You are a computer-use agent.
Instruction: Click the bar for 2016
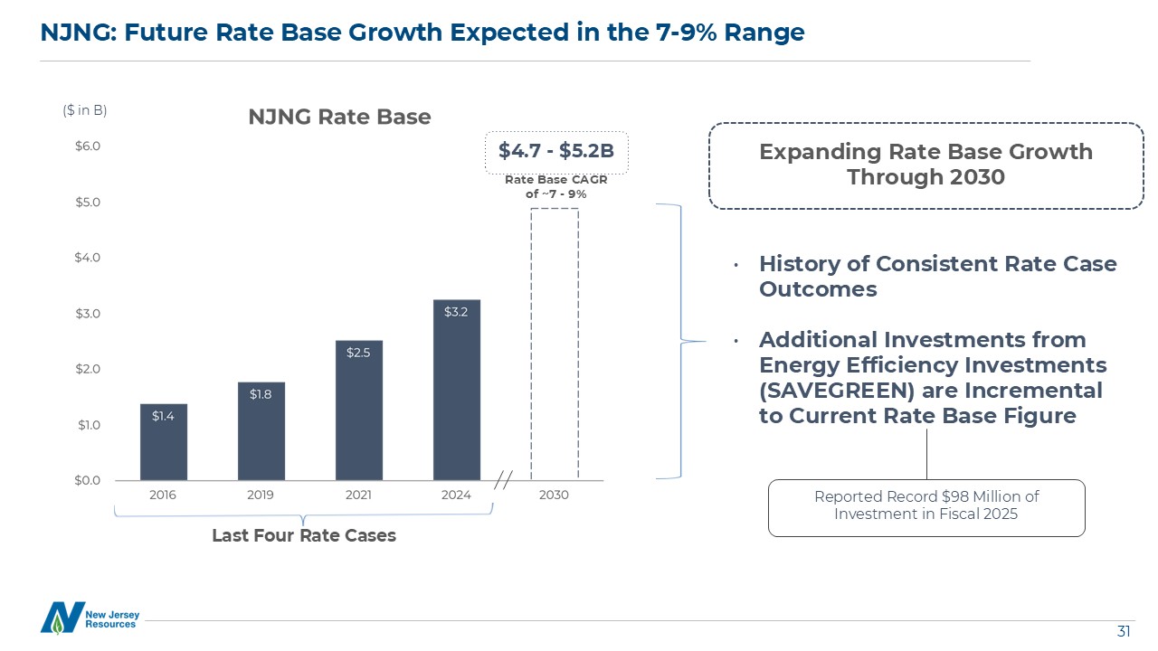pos(164,442)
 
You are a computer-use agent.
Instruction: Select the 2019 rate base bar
pos(261,431)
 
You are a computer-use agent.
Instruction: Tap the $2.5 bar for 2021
pos(359,410)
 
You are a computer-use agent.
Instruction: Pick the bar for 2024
pos(457,390)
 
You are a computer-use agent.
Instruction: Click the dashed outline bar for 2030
pos(555,344)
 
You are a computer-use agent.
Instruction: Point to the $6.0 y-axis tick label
pos(88,146)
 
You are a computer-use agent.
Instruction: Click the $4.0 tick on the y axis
pos(88,258)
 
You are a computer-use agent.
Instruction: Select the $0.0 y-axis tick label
pos(88,480)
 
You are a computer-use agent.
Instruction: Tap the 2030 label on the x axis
pos(554,495)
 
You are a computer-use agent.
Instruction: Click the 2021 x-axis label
pos(358,495)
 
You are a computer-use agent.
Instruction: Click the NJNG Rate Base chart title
pos(340,118)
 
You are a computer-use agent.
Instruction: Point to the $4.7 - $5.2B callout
pos(556,151)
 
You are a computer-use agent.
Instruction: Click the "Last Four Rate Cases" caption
pos(304,535)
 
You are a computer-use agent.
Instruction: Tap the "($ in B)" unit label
pos(85,110)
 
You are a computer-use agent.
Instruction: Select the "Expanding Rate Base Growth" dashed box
pos(925,165)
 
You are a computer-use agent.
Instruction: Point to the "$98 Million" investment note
pos(926,506)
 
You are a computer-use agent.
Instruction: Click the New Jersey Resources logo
pos(90,618)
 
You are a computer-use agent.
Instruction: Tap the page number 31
pos(1125,630)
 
